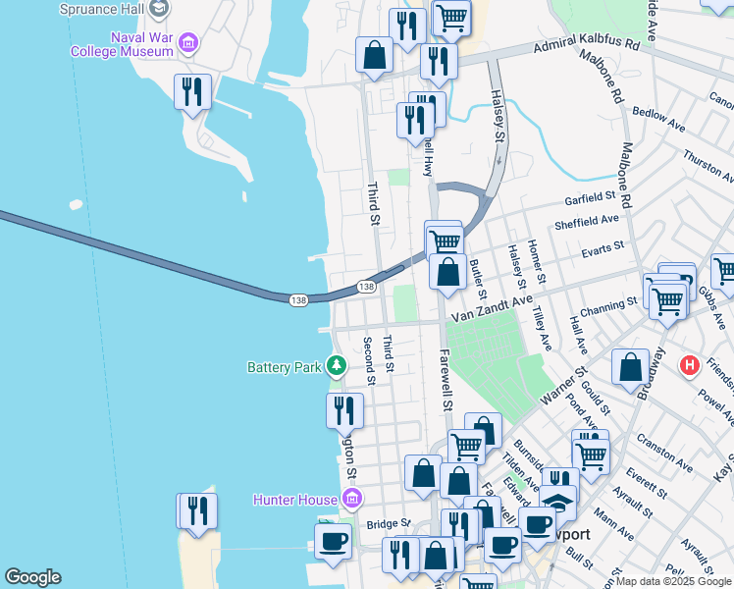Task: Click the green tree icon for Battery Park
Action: pos(337,366)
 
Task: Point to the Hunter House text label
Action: pos(295,500)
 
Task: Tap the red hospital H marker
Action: pos(690,366)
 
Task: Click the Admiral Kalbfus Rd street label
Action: pos(586,45)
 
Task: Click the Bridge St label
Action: pos(388,525)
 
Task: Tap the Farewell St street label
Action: pos(446,380)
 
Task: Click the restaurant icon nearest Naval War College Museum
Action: pos(192,92)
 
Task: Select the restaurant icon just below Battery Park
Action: pos(344,409)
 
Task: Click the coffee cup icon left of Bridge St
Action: pos(333,541)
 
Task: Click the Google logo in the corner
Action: pos(32,577)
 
